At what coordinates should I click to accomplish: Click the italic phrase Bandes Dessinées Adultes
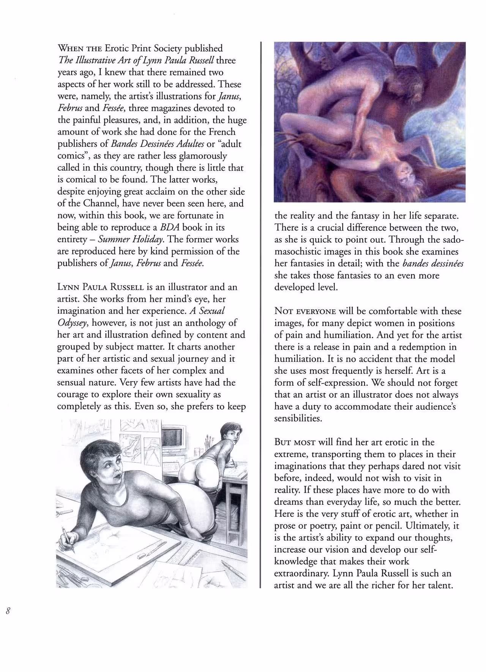coord(157,144)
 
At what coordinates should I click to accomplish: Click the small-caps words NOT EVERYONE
coord(305,311)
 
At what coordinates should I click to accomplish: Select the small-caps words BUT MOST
coord(295,442)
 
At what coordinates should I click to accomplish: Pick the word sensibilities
coord(298,419)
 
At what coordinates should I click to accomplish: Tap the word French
coord(222,132)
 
